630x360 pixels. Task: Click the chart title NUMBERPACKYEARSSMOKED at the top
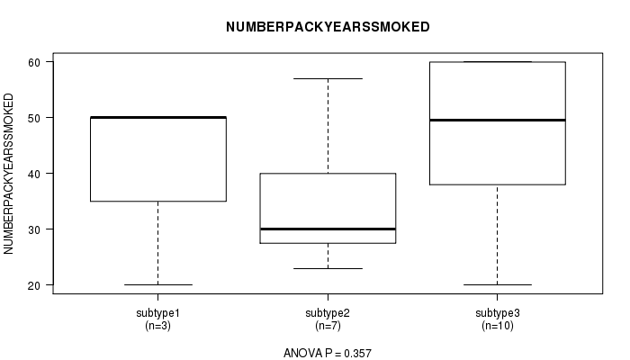click(x=328, y=27)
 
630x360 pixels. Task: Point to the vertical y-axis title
click(x=8, y=174)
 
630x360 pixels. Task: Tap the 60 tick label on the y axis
click(x=34, y=62)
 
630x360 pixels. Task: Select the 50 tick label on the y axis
click(x=34, y=118)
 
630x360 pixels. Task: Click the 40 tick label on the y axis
click(x=34, y=174)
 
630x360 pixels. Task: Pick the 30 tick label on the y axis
click(x=34, y=229)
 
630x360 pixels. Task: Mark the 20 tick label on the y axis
click(x=34, y=285)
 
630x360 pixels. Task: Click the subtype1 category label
click(x=157, y=313)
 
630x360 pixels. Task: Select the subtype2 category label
click(x=328, y=313)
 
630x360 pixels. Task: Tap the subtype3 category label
click(x=498, y=313)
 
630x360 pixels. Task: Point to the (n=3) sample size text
click(x=157, y=326)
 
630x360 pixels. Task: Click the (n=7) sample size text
click(x=328, y=326)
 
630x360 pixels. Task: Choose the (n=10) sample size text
click(x=498, y=326)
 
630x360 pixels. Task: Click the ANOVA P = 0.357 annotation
click(x=328, y=353)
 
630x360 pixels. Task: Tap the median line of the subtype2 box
click(x=328, y=229)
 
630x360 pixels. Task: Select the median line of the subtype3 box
click(x=498, y=120)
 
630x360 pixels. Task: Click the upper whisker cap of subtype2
click(x=328, y=79)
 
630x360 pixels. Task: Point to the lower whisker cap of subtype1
click(x=157, y=285)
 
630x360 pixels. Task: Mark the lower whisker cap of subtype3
click(x=498, y=285)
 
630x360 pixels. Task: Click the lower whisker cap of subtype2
click(x=328, y=268)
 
